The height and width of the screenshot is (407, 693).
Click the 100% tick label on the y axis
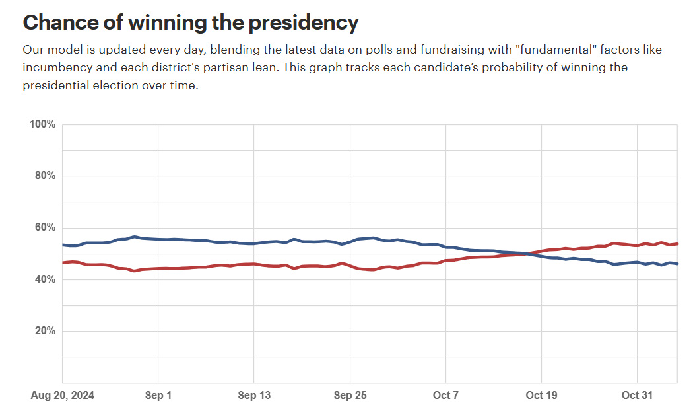(42, 124)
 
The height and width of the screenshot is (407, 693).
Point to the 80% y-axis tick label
(45, 176)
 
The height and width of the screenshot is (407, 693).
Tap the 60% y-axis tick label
(45, 227)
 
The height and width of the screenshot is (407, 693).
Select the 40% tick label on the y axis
(45, 279)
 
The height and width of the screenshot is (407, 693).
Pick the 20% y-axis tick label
(45, 331)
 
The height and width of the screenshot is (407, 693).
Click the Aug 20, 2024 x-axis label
(63, 395)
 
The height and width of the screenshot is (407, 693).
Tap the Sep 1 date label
(158, 395)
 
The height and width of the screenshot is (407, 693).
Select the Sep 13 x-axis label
(254, 395)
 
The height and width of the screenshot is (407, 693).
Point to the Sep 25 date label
(350, 395)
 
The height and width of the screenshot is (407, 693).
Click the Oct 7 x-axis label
(446, 395)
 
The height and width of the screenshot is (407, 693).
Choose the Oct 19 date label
(542, 395)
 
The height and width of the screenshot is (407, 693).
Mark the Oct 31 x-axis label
(638, 395)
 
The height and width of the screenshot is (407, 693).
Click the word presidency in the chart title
(304, 23)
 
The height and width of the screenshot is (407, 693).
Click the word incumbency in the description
(52, 67)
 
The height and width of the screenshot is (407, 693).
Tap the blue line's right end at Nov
(677, 264)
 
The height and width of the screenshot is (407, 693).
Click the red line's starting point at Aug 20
(63, 263)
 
